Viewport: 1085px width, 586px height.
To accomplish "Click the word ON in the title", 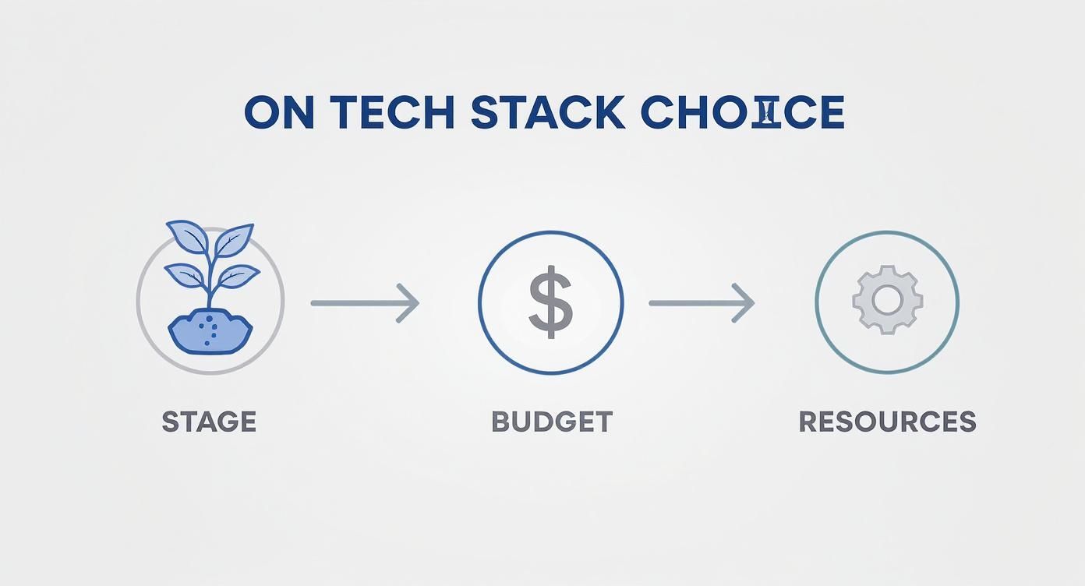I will pyautogui.click(x=279, y=113).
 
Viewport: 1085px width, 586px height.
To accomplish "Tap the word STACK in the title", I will pyautogui.click(x=548, y=113).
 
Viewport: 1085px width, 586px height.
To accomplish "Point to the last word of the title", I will pyautogui.click(x=742, y=113).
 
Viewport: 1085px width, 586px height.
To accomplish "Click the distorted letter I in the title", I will pyautogui.click(x=768, y=113).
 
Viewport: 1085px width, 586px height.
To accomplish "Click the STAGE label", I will pyautogui.click(x=209, y=422).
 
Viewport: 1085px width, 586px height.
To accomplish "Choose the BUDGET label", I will pyautogui.click(x=552, y=422).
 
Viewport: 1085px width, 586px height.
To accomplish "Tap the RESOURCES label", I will pyautogui.click(x=887, y=422).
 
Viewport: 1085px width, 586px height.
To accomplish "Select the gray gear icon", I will pyautogui.click(x=887, y=300).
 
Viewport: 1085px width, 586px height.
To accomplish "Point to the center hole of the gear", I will pyautogui.click(x=887, y=300).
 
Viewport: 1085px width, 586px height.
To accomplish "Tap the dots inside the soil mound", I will pyautogui.click(x=207, y=331).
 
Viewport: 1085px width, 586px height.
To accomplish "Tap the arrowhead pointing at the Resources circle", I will pyautogui.click(x=745, y=302).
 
